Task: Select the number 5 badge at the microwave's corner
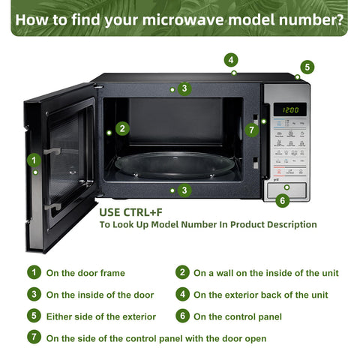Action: click(x=307, y=67)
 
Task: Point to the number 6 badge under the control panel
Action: click(x=282, y=200)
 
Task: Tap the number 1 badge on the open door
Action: click(x=34, y=160)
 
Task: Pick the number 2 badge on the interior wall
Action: click(x=123, y=128)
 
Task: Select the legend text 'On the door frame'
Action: click(x=85, y=273)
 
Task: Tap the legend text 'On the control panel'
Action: click(x=238, y=316)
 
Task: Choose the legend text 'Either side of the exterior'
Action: click(x=101, y=316)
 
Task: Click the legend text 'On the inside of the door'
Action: click(x=100, y=295)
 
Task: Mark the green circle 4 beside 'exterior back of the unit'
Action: click(x=182, y=294)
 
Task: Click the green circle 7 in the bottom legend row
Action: click(x=34, y=337)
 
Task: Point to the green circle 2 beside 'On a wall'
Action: click(x=182, y=272)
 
